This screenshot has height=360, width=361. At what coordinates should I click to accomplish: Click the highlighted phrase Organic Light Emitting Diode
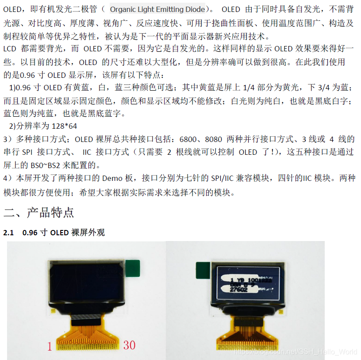point(157,9)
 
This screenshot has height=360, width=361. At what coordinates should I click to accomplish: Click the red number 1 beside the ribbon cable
point(50,346)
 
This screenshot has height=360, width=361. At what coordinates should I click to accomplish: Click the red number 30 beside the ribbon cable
point(129,345)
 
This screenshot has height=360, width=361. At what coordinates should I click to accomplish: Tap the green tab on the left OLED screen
point(133,268)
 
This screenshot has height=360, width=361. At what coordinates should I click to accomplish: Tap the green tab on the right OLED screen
point(203,270)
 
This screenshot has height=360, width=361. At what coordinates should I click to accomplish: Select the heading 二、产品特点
point(38,212)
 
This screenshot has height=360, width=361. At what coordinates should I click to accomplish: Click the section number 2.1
point(8,233)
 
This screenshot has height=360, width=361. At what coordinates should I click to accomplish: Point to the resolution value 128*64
point(65,126)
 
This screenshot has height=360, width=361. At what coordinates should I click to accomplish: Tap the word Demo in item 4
point(112,178)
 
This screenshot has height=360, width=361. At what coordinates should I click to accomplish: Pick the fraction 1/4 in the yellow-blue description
point(249,88)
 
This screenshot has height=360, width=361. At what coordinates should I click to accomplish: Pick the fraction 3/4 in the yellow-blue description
point(324,88)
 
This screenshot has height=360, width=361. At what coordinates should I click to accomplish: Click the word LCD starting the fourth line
point(10,49)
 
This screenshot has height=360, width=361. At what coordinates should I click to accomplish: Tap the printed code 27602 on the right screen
point(238,289)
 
